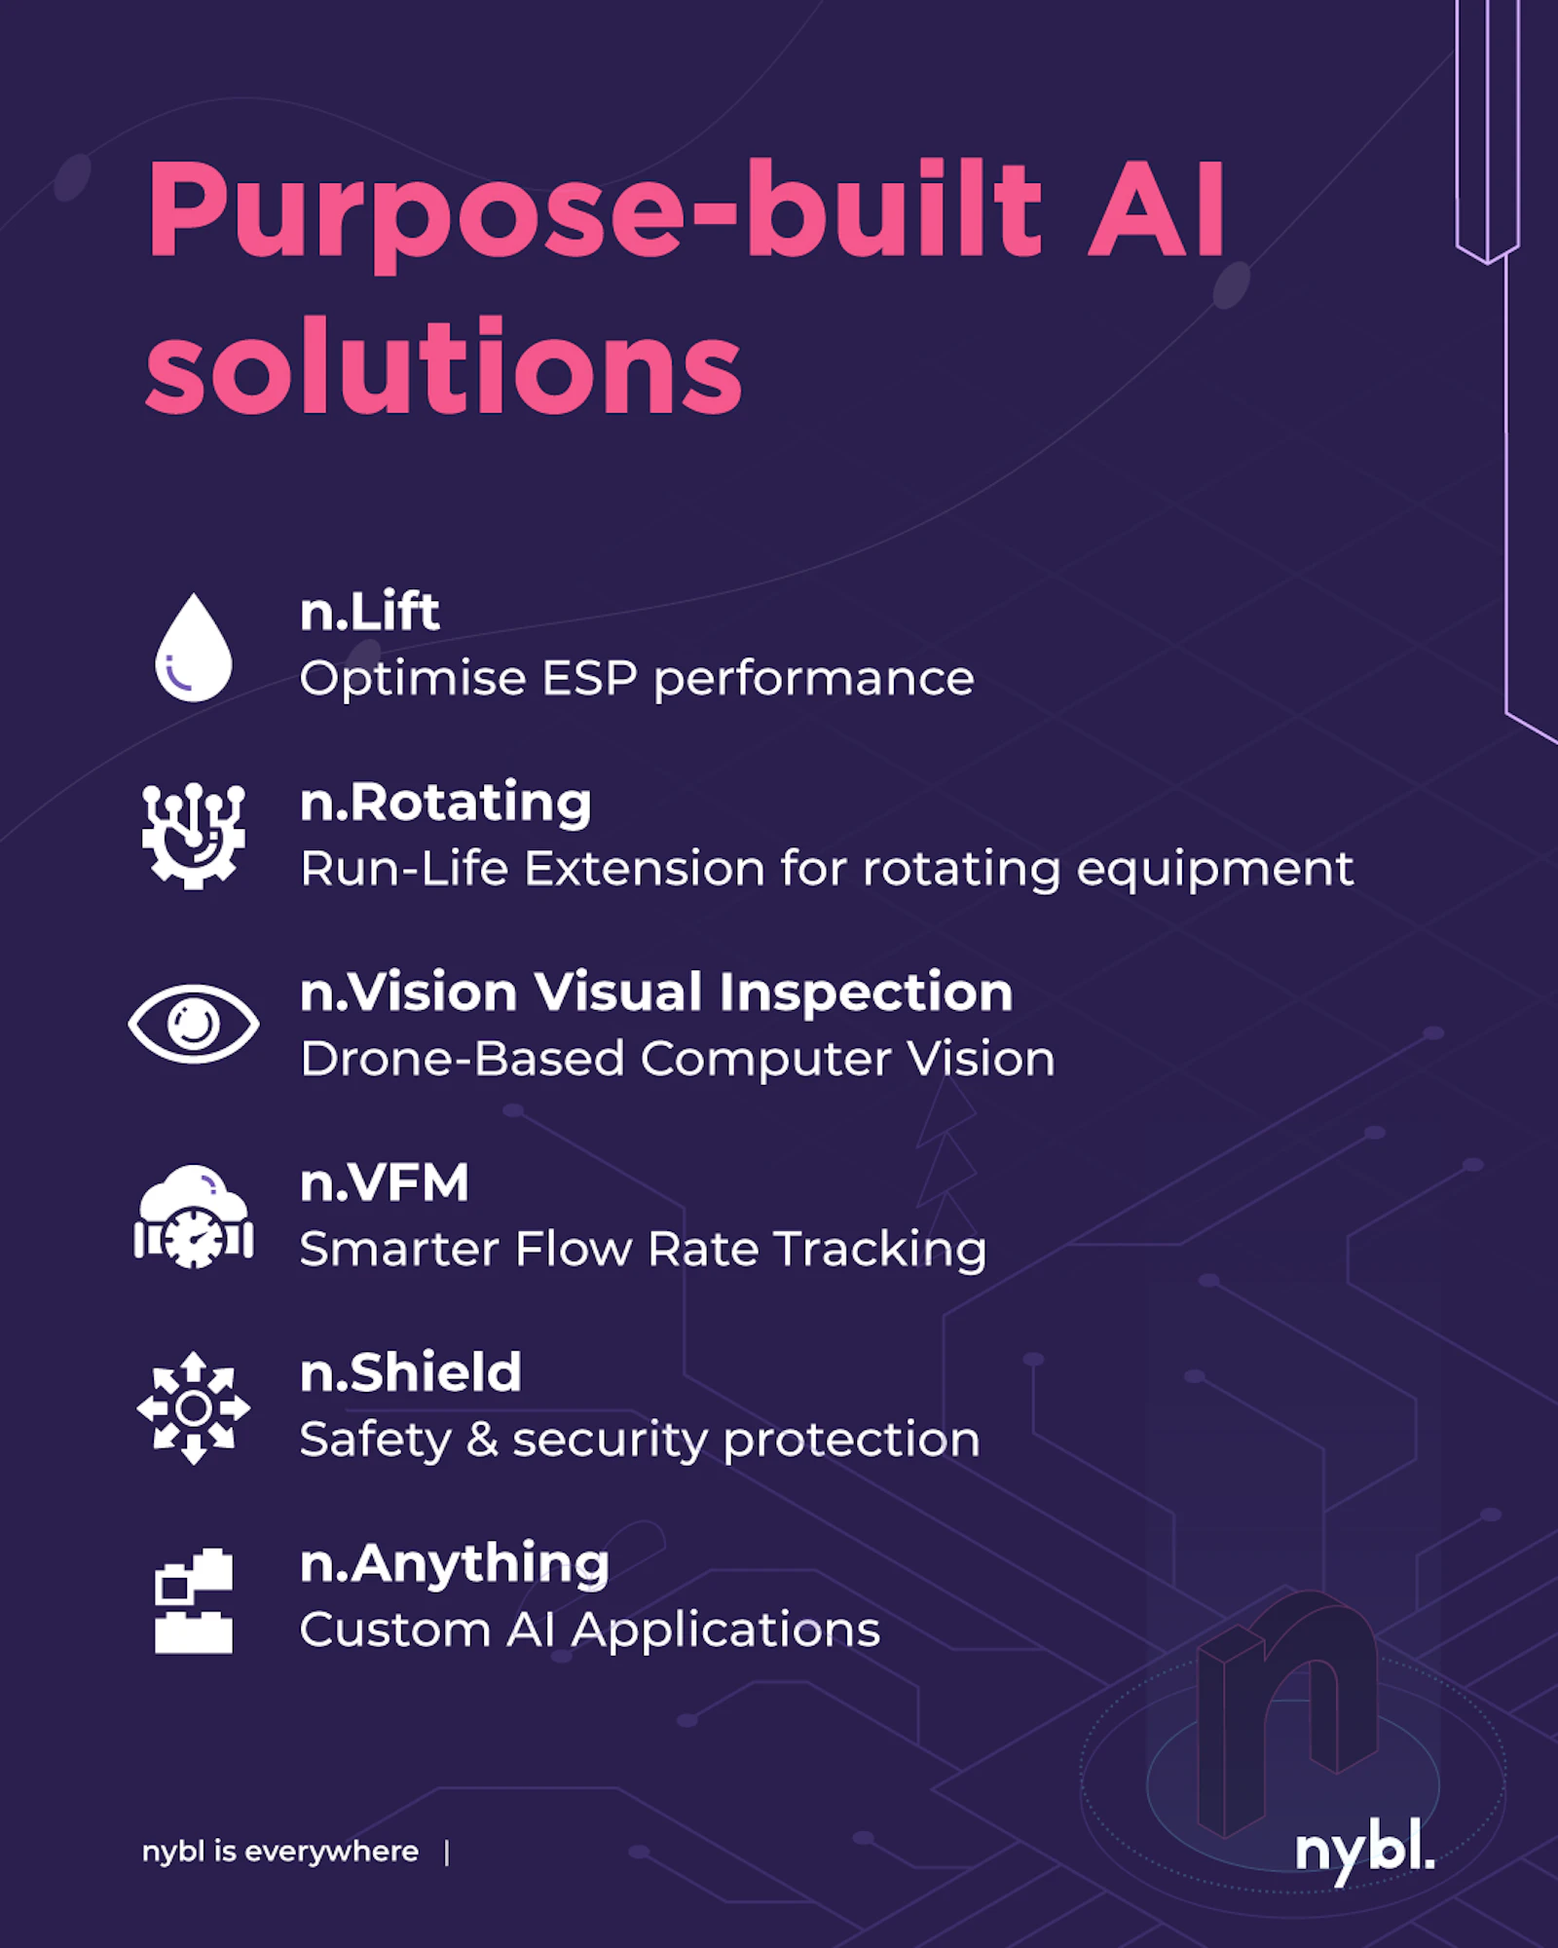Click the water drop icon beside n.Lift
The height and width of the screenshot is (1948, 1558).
[x=194, y=648]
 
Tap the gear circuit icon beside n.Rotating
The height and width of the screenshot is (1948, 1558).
[x=194, y=836]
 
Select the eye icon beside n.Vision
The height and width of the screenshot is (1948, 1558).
[x=194, y=1024]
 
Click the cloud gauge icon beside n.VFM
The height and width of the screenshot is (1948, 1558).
[x=194, y=1216]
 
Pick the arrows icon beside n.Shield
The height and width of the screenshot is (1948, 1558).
[x=194, y=1407]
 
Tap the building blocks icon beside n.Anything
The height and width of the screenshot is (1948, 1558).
[x=194, y=1600]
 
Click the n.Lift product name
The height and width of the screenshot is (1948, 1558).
[x=369, y=612]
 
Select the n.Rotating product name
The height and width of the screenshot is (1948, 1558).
[x=446, y=803]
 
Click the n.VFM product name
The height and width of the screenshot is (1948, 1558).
[x=385, y=1182]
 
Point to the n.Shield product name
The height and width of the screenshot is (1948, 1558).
[x=411, y=1372]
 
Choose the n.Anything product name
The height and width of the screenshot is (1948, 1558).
[x=455, y=1564]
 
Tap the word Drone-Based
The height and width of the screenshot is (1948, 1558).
[x=463, y=1059]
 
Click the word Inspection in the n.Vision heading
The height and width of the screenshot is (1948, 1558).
[x=866, y=993]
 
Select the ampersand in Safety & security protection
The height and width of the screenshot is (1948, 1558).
[x=483, y=1440]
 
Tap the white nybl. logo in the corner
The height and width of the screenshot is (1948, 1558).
[x=1365, y=1850]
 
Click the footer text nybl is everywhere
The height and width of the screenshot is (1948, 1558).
[x=280, y=1851]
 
